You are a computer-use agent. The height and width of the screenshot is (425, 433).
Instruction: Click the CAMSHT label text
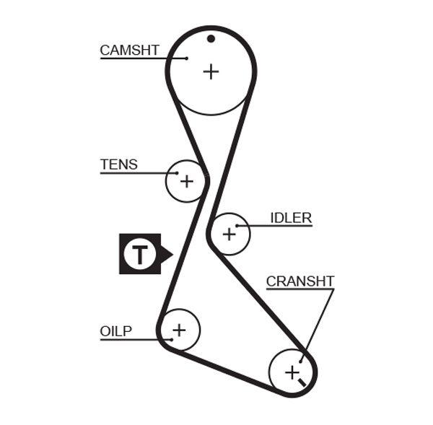click(x=129, y=50)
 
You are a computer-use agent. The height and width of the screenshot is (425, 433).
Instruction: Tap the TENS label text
click(x=118, y=165)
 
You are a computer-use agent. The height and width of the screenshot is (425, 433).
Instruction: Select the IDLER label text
click(x=291, y=218)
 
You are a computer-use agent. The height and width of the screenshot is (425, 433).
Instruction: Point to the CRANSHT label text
click(x=300, y=281)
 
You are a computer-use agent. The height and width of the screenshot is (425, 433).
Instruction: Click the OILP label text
click(x=115, y=331)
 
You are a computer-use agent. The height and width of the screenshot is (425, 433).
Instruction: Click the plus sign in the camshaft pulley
click(x=210, y=71)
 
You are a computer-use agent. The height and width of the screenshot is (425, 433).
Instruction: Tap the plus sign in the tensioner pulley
click(x=186, y=180)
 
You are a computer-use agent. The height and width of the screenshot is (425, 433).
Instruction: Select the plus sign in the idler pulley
click(x=229, y=234)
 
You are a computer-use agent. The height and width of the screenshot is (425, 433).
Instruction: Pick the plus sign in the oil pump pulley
click(x=178, y=330)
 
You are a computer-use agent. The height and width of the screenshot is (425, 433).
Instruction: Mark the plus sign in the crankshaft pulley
click(x=291, y=372)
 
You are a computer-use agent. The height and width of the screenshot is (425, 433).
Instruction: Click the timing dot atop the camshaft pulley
click(x=211, y=39)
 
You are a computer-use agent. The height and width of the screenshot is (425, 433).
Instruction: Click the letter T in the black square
click(x=139, y=254)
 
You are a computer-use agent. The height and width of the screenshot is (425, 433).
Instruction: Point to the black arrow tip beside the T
click(x=170, y=254)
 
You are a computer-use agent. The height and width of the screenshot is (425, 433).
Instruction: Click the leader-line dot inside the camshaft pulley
click(x=187, y=58)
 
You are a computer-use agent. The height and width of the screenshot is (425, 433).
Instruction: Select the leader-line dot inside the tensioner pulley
click(x=175, y=173)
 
